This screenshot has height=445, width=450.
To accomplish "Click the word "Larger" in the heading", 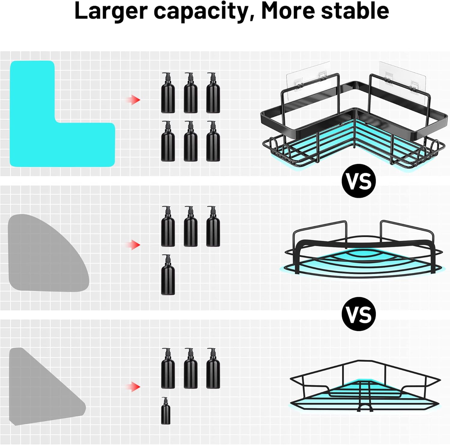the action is click(111, 11).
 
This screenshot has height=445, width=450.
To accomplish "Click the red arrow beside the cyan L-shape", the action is click(133, 100).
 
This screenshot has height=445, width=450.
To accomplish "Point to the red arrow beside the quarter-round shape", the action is click(133, 245).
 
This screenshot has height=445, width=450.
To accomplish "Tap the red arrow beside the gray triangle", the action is click(133, 387).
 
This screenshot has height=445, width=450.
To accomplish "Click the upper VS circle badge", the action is click(359, 181).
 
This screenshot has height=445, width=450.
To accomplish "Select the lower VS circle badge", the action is click(359, 314).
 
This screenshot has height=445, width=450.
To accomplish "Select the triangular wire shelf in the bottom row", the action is click(364, 386).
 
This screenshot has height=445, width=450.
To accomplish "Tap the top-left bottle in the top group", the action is click(168, 93).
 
